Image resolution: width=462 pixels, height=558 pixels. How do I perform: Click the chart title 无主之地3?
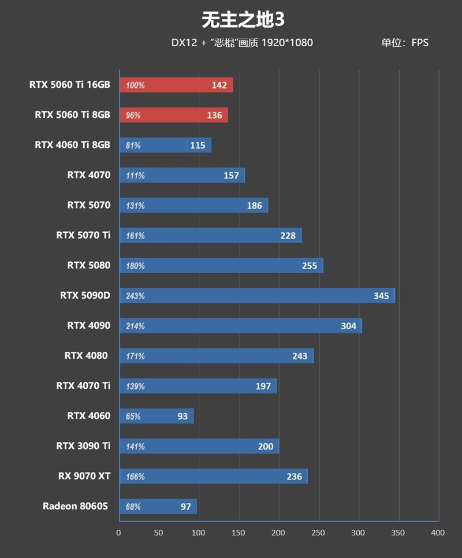(243, 20)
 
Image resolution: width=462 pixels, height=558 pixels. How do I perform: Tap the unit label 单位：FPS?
(404, 43)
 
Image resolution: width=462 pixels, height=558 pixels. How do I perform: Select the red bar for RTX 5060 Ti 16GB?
(176, 85)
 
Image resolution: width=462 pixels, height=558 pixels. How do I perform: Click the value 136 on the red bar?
(214, 116)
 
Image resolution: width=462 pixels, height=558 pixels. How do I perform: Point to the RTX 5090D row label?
(85, 296)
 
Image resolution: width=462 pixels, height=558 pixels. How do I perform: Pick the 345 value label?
(381, 296)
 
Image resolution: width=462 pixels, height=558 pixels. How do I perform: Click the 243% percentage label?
(135, 296)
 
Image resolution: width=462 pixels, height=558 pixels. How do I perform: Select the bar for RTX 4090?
(240, 326)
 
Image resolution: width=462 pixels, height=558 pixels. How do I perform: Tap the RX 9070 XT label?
(84, 476)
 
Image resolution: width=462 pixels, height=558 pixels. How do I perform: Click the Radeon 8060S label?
(76, 506)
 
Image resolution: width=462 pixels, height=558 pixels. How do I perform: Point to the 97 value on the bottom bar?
(185, 507)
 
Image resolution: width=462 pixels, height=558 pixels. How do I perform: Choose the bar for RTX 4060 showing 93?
(157, 416)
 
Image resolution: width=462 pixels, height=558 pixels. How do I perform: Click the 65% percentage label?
(133, 416)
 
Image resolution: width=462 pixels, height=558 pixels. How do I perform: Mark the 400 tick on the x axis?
(438, 533)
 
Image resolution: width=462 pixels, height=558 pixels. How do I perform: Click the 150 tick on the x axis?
(239, 533)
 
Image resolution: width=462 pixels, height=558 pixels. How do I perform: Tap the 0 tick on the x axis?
(119, 533)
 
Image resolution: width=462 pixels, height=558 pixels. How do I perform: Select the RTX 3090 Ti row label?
(83, 446)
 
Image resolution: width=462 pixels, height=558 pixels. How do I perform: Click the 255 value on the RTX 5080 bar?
(310, 266)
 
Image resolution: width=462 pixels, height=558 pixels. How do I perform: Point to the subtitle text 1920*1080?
(287, 43)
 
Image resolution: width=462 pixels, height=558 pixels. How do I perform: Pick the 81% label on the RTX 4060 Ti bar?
(133, 146)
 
